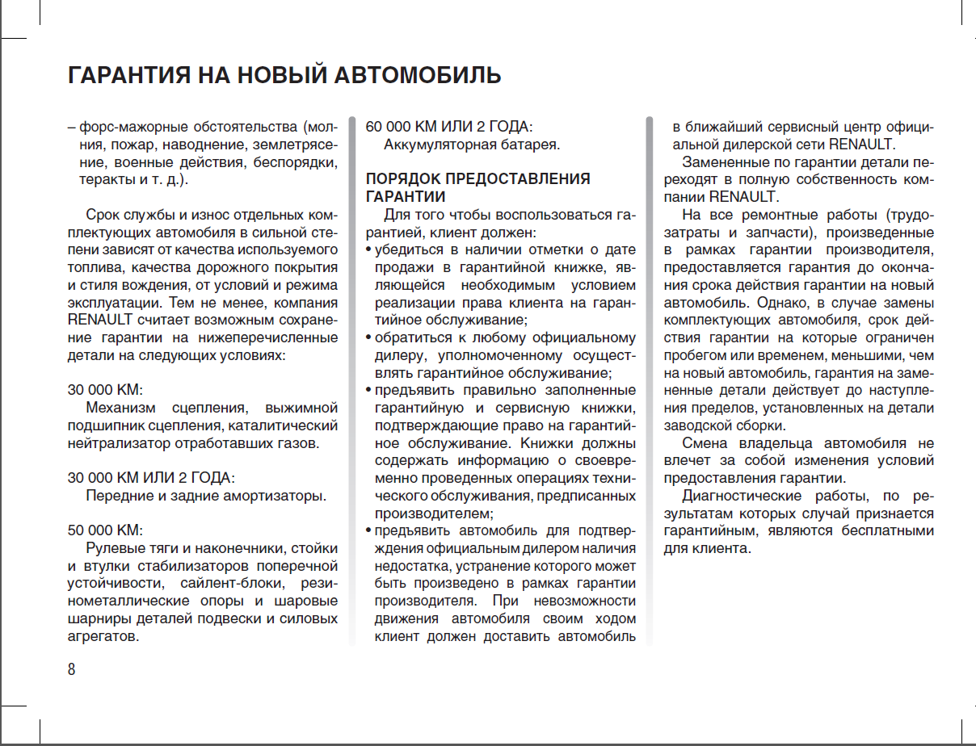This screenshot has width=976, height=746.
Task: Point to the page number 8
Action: tap(72, 669)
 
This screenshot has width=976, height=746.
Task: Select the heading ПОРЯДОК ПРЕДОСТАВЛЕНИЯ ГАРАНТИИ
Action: tap(477, 187)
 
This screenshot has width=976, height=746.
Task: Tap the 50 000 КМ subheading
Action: tap(105, 530)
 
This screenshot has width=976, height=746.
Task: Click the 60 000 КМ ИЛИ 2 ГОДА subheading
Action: tap(449, 127)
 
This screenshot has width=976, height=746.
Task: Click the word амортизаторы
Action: tap(277, 496)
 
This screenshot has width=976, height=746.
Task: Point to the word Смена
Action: tap(705, 443)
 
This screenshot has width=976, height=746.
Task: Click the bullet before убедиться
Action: tap(369, 249)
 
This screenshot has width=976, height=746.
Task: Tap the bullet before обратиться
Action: tap(369, 337)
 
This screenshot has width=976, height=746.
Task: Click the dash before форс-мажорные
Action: tap(72, 128)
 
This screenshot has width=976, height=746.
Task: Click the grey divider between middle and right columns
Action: tap(649, 379)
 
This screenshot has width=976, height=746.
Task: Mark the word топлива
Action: tap(95, 268)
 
